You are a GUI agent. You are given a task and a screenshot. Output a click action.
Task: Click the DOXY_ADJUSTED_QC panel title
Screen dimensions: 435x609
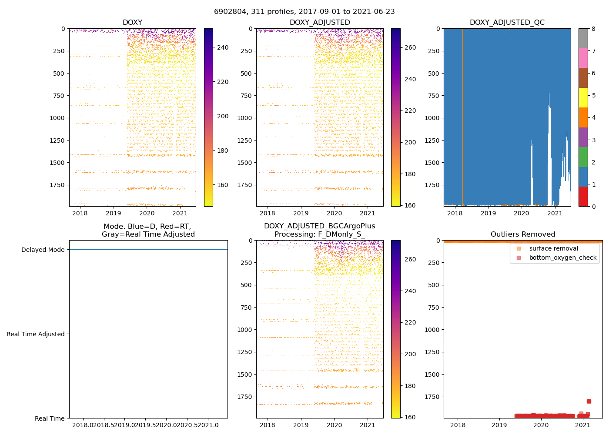click(507, 22)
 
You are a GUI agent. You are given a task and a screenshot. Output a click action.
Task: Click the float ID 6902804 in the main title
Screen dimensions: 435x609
click(229, 11)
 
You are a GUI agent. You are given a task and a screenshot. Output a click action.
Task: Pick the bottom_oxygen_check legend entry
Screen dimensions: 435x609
click(562, 258)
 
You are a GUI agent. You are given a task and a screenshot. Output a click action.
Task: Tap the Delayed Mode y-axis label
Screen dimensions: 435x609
click(43, 250)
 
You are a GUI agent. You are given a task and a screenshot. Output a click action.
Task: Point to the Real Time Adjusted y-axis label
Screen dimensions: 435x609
click(36, 334)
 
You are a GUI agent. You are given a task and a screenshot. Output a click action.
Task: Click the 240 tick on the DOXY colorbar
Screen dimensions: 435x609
click(223, 47)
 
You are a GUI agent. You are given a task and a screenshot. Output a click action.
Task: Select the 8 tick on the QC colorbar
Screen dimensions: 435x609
click(593, 29)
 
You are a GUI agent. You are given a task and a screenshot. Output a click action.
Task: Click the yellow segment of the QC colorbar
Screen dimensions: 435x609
click(583, 97)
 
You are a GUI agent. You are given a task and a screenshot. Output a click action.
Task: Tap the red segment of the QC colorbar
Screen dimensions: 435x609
click(583, 196)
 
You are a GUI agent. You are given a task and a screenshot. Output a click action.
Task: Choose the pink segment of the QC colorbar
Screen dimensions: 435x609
click(583, 58)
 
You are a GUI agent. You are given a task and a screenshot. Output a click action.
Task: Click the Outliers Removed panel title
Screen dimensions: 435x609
click(523, 234)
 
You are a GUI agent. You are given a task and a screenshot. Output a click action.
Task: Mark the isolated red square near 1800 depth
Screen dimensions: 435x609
click(589, 401)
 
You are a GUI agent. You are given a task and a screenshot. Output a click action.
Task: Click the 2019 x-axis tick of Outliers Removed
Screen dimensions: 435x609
click(499, 425)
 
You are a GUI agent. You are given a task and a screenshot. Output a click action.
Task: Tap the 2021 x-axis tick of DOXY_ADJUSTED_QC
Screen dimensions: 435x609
click(555, 213)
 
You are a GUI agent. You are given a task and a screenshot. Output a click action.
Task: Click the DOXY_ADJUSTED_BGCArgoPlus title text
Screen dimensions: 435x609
click(319, 226)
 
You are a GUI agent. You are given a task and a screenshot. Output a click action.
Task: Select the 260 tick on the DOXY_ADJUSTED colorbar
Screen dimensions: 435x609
click(410, 47)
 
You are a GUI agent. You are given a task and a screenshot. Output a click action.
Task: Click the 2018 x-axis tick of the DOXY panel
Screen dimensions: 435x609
click(80, 213)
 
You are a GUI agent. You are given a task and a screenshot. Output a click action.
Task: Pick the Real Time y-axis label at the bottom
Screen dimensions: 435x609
click(50, 418)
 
